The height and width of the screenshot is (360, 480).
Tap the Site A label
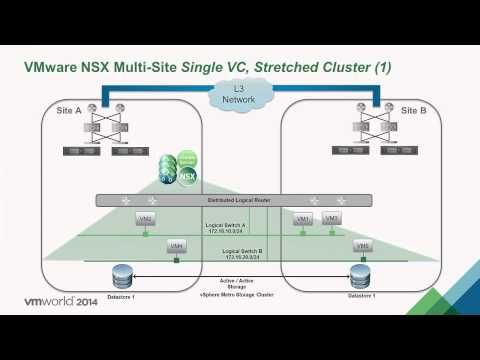68,110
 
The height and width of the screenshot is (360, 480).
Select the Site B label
412,110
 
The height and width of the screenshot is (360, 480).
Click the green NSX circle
186,175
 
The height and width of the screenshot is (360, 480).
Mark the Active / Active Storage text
240,284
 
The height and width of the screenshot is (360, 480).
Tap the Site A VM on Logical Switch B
176,246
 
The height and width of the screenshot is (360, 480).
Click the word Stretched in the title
290,68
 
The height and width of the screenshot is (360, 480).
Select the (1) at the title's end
383,68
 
